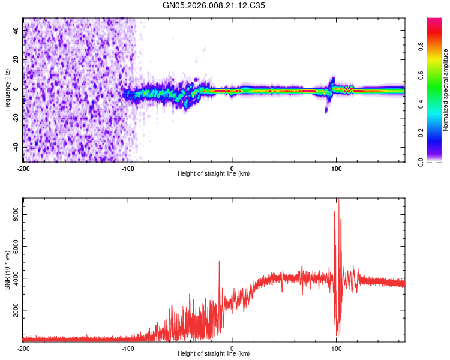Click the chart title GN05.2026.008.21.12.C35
pos(214,5)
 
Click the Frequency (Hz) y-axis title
pos(7,89)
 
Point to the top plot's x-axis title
pos(214,173)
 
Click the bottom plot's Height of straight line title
pos(214,353)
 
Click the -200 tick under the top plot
pos(23,168)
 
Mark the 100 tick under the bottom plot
pos(337,348)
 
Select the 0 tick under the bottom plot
pos(232,348)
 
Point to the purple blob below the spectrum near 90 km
pos(326,109)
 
